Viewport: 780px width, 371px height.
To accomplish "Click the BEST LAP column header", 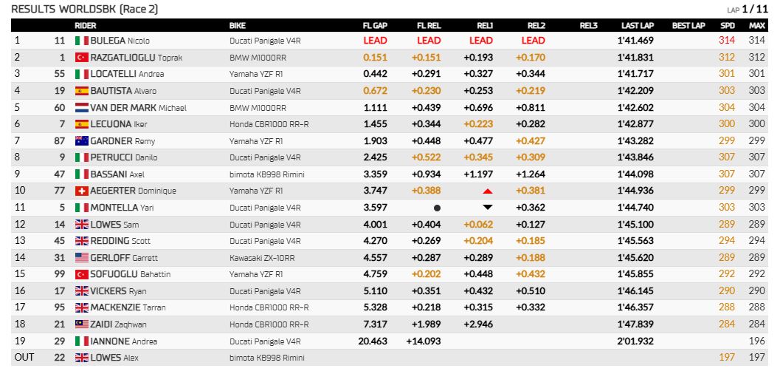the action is [688, 26].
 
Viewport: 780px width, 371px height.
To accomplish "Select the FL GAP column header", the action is [375, 26].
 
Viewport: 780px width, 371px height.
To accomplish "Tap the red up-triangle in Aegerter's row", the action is [488, 191].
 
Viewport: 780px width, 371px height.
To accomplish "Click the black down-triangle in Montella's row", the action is [488, 207].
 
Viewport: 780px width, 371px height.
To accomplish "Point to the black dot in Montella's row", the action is [438, 208].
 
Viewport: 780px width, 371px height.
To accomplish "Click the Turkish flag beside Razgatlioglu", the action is [82, 58].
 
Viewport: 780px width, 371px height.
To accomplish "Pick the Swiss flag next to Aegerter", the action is [82, 191].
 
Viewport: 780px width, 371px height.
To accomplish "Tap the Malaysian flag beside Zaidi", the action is [82, 324].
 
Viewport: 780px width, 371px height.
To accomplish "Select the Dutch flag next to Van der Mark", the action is [82, 108].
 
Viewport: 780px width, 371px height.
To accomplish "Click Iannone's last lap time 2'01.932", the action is [635, 341].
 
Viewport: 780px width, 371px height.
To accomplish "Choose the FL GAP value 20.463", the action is [373, 341].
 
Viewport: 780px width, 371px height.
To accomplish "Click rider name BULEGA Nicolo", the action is [120, 41].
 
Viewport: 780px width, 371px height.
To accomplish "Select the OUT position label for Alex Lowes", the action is [24, 358].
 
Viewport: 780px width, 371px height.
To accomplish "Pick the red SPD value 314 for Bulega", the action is [727, 41].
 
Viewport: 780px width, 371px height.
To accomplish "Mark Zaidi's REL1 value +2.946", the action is [478, 324].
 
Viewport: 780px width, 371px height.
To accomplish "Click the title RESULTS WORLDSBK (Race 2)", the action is [85, 9].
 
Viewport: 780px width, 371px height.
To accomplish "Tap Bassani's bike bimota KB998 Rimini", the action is [266, 174].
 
